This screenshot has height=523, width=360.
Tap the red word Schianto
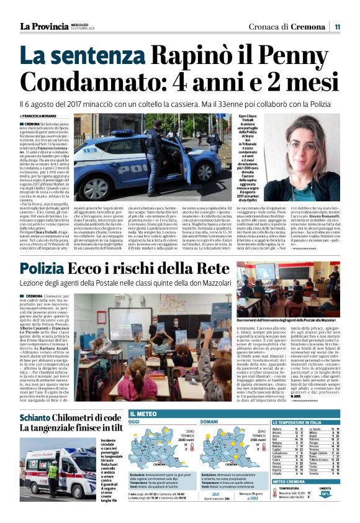[x=39, y=401]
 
